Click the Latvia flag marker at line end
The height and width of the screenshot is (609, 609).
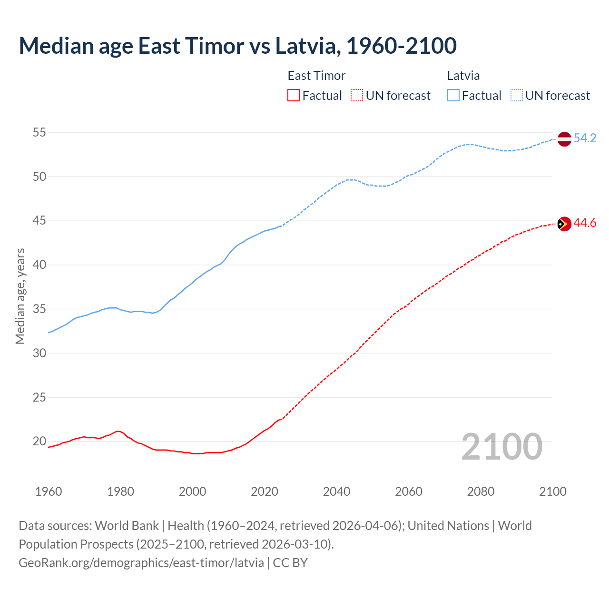(564, 139)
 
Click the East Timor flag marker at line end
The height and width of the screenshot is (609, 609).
(564, 224)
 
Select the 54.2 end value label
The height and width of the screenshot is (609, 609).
(585, 138)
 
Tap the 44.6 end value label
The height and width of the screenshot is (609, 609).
(585, 223)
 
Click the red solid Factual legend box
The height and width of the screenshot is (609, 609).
(294, 96)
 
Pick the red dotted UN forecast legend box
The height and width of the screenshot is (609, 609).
(357, 96)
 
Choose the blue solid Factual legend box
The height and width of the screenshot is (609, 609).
(453, 96)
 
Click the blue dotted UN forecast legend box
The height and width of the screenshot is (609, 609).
(516, 96)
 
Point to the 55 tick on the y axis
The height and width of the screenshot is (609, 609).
(39, 133)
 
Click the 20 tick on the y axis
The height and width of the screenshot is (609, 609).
(39, 442)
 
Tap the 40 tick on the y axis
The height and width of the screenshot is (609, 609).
(39, 265)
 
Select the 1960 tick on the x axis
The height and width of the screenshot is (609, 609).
(49, 491)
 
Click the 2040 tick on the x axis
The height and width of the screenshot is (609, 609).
(336, 491)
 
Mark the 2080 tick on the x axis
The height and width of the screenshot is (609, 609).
(481, 491)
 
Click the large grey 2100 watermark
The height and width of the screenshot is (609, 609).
(501, 446)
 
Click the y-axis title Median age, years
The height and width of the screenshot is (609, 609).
(20, 296)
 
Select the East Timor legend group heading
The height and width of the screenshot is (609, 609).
(316, 76)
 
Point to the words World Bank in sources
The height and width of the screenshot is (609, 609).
(127, 526)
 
